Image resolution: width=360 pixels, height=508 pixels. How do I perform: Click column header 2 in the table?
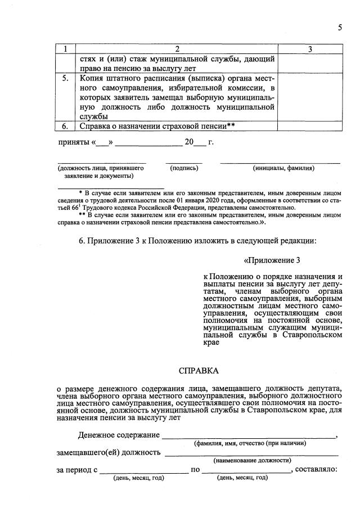pos(176,50)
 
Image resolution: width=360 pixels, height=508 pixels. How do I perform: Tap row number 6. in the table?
pos(65,127)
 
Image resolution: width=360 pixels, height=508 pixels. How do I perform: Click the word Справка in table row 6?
pos(96,127)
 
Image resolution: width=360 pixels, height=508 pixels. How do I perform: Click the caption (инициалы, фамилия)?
pos(283,168)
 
